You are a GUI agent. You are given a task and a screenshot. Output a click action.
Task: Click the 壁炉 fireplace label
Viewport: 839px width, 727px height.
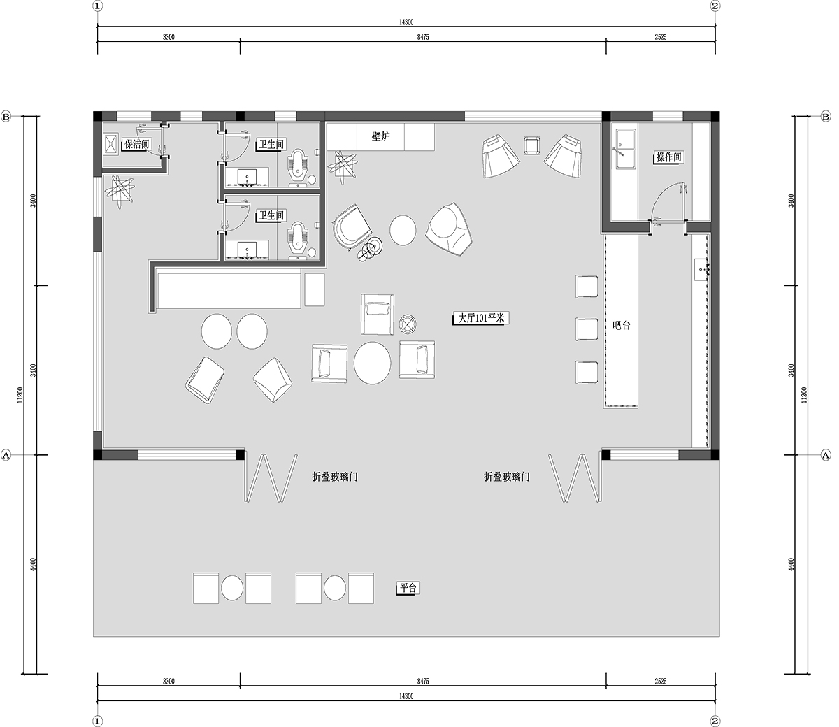(x=380, y=136)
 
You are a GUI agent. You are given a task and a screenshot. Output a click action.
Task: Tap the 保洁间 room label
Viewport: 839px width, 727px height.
(x=137, y=144)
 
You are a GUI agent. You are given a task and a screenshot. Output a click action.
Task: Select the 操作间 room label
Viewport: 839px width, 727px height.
(x=669, y=157)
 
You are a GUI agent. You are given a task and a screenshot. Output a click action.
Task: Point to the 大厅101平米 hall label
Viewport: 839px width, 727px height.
(x=481, y=318)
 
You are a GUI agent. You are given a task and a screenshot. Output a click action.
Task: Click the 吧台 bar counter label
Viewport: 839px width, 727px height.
(x=621, y=325)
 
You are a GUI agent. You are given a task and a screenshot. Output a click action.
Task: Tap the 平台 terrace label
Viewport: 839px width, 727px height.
(x=408, y=588)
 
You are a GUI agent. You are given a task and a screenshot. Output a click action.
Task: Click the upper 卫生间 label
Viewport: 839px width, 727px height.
(x=271, y=144)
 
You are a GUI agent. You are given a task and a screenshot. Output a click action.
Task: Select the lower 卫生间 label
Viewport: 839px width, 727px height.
(x=271, y=215)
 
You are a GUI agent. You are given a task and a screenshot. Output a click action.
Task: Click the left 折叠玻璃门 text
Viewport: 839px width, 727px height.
(x=335, y=477)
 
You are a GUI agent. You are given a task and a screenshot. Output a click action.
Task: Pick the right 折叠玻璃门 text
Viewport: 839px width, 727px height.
(x=507, y=477)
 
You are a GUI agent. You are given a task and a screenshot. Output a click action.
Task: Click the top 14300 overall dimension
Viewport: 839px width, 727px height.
(x=406, y=22)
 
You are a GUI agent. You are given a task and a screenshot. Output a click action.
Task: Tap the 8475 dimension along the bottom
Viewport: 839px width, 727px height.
(x=423, y=681)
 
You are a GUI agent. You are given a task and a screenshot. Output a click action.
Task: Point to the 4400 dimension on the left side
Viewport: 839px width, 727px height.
(x=34, y=564)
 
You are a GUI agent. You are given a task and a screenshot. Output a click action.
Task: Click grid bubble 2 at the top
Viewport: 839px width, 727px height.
(x=715, y=6)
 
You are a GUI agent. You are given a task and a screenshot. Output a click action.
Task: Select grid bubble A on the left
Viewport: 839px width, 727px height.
(x=6, y=455)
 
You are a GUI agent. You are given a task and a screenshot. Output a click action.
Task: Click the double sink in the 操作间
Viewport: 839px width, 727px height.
(x=626, y=149)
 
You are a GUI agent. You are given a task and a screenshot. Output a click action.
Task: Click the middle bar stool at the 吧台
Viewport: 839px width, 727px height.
(x=587, y=329)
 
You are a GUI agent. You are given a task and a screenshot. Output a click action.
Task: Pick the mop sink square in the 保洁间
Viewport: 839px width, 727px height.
(x=110, y=144)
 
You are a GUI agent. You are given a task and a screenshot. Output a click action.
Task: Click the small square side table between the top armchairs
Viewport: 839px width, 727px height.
(x=531, y=145)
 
